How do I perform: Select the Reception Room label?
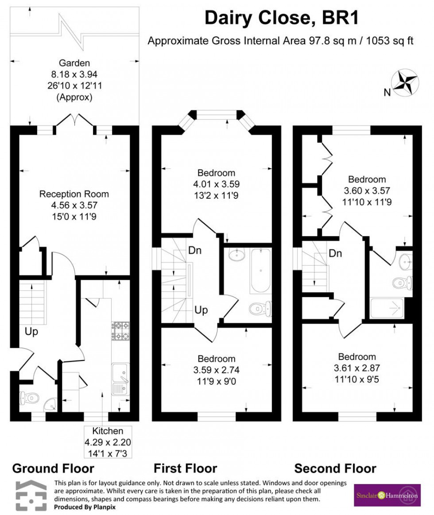click(x=74, y=194)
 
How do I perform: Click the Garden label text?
click(x=74, y=63)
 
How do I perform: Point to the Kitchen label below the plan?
click(x=108, y=431)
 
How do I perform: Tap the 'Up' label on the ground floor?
click(x=31, y=331)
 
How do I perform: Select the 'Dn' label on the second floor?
click(x=335, y=254)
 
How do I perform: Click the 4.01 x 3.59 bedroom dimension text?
click(x=216, y=184)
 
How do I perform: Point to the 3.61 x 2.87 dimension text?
click(x=356, y=368)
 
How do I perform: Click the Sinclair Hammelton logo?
click(x=387, y=495)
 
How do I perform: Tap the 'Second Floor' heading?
click(x=335, y=468)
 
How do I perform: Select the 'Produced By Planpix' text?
click(x=85, y=507)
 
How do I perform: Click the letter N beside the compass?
click(x=387, y=92)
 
